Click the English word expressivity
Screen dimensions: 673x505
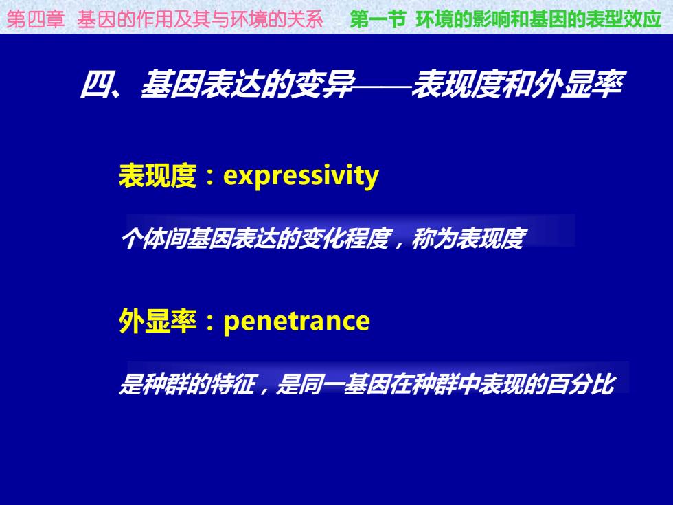click(301, 176)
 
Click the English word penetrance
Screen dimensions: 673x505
click(297, 322)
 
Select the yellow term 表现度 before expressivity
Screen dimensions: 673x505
click(157, 175)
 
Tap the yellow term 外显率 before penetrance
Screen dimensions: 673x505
click(157, 322)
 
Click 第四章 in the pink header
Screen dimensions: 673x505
click(36, 20)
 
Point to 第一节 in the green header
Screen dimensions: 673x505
click(378, 19)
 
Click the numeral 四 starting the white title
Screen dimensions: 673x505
click(95, 84)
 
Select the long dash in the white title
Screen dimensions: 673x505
click(382, 87)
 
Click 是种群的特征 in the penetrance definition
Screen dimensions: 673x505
click(187, 384)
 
